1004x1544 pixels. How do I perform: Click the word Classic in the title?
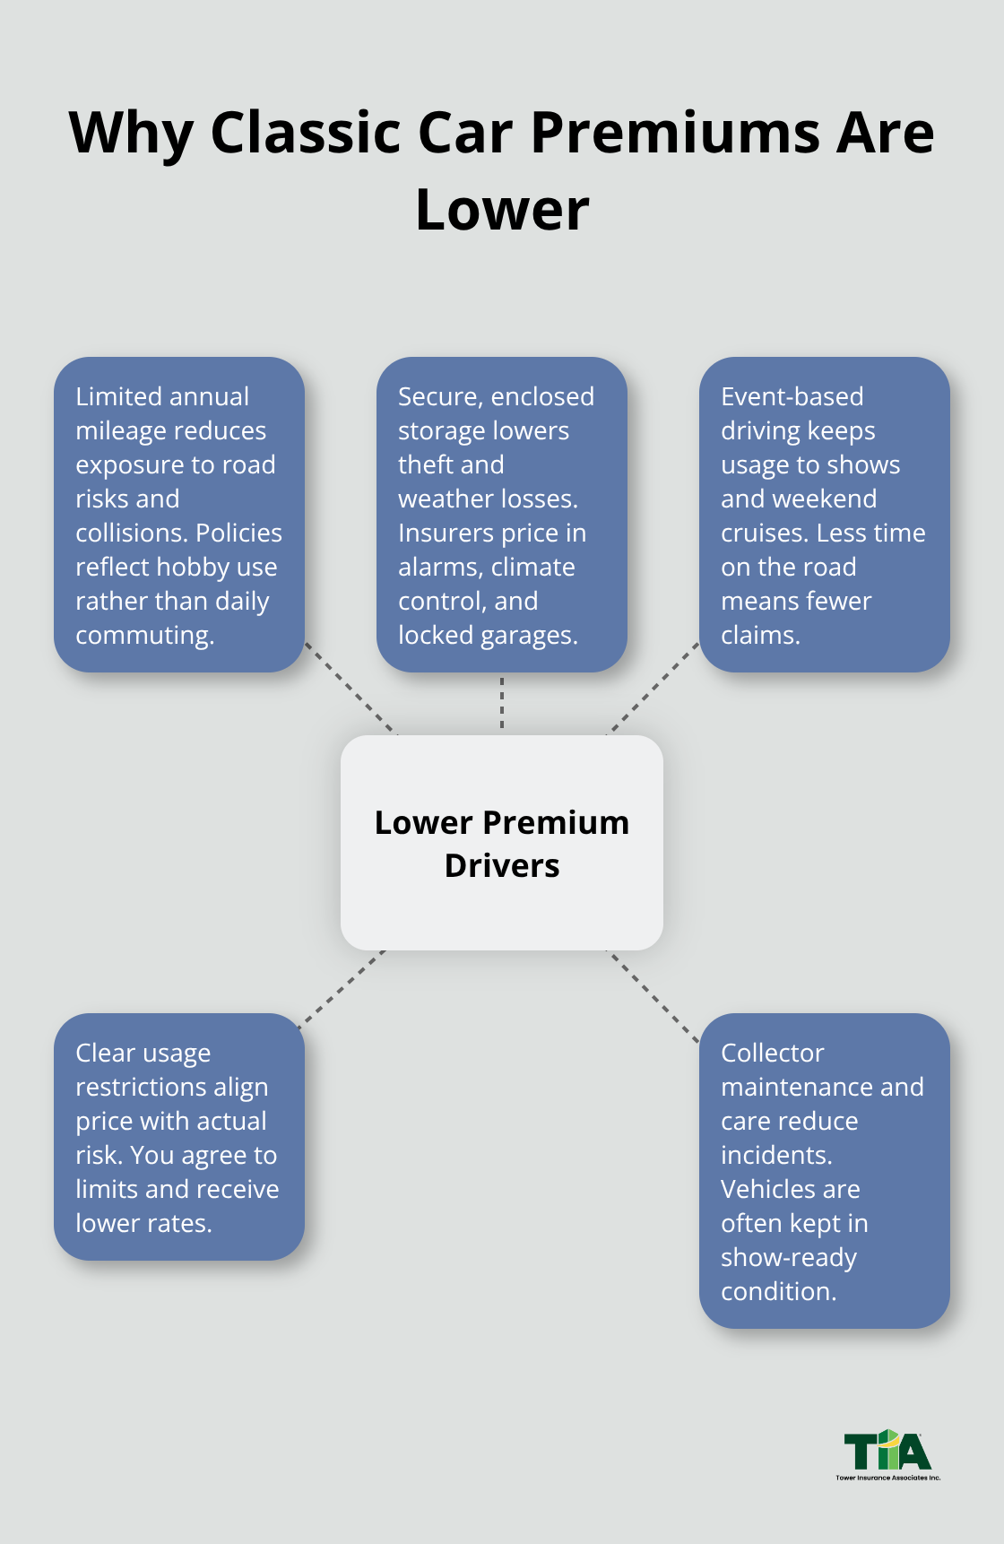[x=305, y=133]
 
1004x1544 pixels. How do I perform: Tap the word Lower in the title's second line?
[x=502, y=210]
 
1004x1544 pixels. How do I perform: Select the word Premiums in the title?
[x=675, y=133]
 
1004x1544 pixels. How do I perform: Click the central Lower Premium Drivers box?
[x=502, y=906]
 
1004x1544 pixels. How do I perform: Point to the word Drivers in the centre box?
[x=502, y=866]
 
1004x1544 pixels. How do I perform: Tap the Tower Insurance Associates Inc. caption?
[x=887, y=1478]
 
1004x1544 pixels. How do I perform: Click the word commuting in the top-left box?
[x=143, y=636]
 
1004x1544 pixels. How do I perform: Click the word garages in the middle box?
[x=528, y=636]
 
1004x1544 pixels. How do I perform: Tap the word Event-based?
[x=792, y=397]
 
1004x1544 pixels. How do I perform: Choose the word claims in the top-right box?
[x=758, y=636]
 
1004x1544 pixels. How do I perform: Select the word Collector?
[x=772, y=1054]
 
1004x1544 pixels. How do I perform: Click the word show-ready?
[x=788, y=1258]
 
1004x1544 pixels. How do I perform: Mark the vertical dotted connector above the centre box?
[x=502, y=704]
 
